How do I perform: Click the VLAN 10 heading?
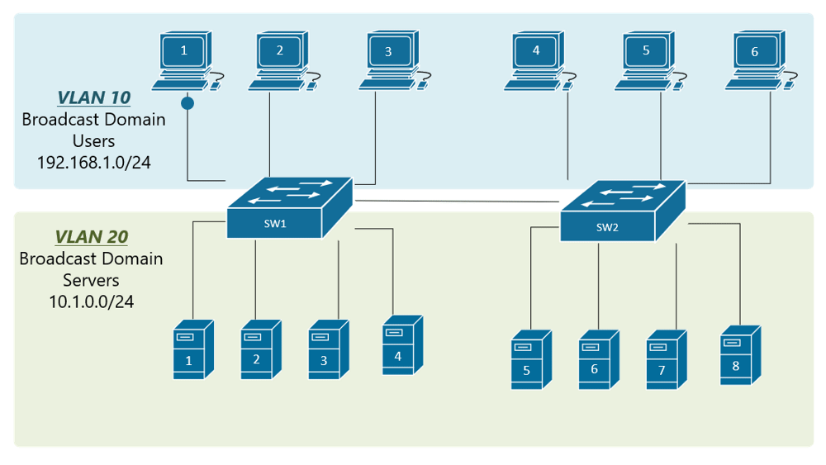93,97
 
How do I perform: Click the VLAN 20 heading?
91,237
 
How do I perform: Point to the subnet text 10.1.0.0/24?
91,301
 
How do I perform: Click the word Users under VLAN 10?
93,140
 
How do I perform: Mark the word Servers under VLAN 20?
91,280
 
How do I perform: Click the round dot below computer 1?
188,104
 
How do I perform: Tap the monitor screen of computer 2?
279,50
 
